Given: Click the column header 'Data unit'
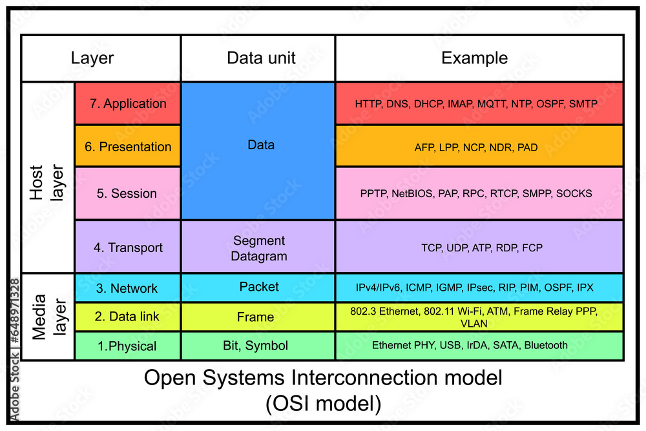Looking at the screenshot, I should (261, 58).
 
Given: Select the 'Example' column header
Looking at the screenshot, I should (474, 58).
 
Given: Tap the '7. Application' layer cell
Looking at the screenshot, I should (128, 103).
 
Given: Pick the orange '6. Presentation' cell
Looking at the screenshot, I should (128, 147).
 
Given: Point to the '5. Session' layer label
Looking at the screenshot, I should (127, 193).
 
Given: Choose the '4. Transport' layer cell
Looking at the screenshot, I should (128, 247).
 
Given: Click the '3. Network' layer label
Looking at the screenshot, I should (127, 288).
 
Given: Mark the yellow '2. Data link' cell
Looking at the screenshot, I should (127, 317).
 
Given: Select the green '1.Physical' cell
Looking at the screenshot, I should (127, 346).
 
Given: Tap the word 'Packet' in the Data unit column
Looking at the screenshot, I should (258, 286).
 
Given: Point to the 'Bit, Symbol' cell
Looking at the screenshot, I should (256, 346).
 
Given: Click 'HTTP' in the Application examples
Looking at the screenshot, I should (368, 103).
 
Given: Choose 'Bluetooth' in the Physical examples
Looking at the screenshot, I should (546, 345).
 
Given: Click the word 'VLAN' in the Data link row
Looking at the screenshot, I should (474, 323).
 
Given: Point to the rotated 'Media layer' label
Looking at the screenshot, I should (47, 317).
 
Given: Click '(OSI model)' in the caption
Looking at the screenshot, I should (322, 403).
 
